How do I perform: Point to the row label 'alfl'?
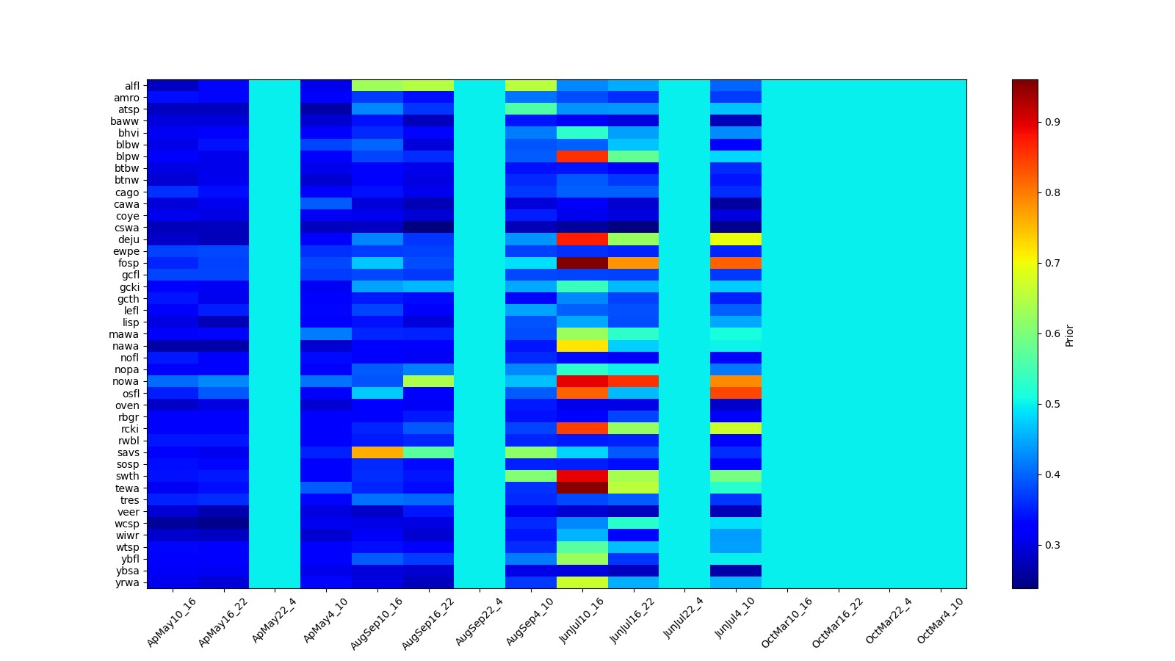tap(131, 86)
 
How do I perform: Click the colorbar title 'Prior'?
tap(1069, 335)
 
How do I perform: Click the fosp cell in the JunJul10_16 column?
tap(582, 263)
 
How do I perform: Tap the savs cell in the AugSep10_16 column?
tap(377, 452)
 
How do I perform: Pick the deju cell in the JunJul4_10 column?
tap(736, 239)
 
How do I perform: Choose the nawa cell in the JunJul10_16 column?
tap(582, 346)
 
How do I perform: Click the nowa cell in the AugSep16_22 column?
tap(428, 381)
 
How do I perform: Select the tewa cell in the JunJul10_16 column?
tap(582, 488)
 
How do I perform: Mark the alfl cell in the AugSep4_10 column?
tap(531, 86)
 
